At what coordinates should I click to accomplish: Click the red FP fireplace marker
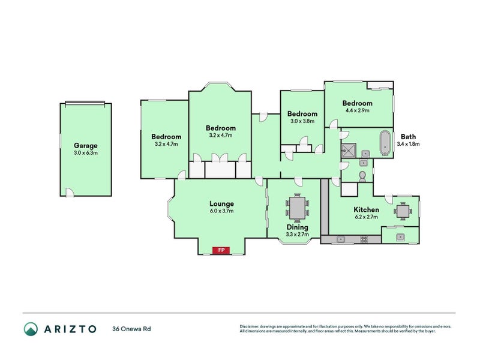coord(221,250)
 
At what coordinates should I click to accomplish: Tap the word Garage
coord(85,145)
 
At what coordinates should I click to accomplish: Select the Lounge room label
coord(221,203)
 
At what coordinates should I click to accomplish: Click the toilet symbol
coord(362,176)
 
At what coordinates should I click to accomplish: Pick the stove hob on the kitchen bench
coord(364,239)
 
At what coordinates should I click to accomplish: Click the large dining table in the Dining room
coord(297,208)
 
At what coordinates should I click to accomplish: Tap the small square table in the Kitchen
coord(401,211)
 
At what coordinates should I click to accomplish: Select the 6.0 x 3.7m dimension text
coord(221,211)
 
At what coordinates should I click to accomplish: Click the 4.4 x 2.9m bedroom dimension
coord(357,110)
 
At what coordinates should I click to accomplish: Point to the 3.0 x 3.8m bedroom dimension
coord(302,121)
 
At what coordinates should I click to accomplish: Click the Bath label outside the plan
coord(408,136)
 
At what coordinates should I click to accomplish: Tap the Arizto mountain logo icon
coord(31,329)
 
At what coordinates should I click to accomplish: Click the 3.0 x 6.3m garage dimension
coord(85,153)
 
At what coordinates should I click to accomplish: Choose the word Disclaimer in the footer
coord(251,326)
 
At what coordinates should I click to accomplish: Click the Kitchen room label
coord(365,209)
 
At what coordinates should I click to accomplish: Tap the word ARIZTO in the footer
coord(70,329)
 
